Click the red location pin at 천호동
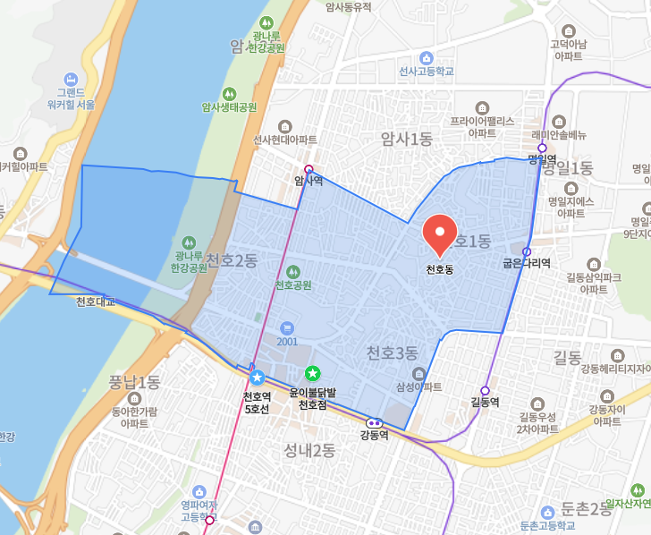(x=439, y=234)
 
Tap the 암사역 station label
(x=309, y=181)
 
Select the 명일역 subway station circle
(x=542, y=148)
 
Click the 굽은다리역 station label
(x=527, y=263)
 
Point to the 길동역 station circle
(x=485, y=390)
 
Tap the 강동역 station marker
(x=374, y=422)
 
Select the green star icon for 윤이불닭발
(x=312, y=373)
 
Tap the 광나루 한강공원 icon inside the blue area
(x=188, y=242)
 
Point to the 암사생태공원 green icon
(x=229, y=92)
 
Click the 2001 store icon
(x=286, y=327)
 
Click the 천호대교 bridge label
(x=96, y=301)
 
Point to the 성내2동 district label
(x=309, y=449)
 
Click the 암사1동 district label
(x=406, y=139)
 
